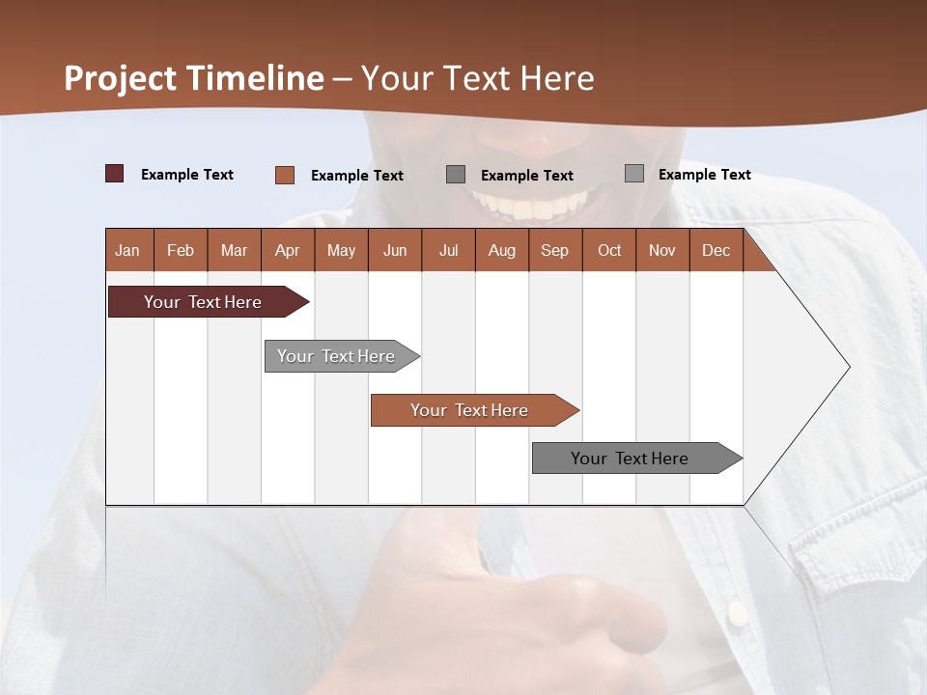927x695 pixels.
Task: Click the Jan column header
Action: click(x=128, y=250)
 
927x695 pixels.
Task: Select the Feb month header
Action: click(x=181, y=250)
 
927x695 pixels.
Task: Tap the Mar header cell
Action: click(x=234, y=250)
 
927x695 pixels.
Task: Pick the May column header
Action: click(x=341, y=250)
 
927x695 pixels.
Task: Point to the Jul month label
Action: click(x=448, y=250)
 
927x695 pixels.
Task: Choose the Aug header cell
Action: click(x=501, y=250)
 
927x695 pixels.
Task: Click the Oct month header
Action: click(x=608, y=250)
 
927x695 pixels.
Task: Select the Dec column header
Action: click(x=716, y=250)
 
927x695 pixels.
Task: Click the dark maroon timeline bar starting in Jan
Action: click(x=203, y=302)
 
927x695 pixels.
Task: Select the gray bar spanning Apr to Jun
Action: click(x=336, y=356)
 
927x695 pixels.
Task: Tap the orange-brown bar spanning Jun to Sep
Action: click(x=469, y=410)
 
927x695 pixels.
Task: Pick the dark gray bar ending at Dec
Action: click(x=630, y=459)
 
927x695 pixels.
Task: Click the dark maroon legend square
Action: click(x=115, y=174)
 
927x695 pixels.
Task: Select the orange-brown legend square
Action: click(x=285, y=175)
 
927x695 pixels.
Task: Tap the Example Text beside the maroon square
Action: click(x=187, y=175)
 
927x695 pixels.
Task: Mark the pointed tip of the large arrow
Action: click(x=848, y=367)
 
